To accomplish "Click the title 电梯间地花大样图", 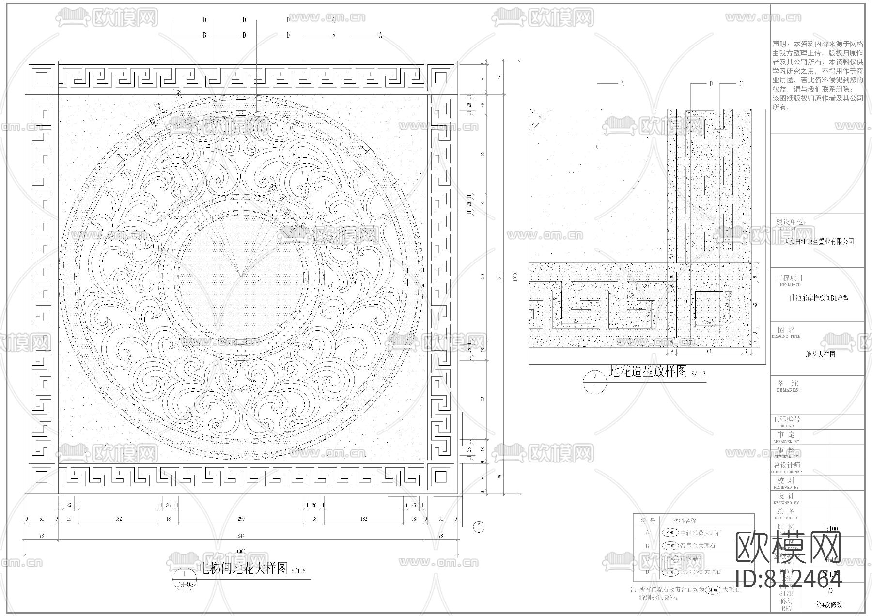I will coord(244,568).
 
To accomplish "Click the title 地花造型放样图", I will coord(647,371).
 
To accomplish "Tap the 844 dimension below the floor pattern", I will coord(241,535).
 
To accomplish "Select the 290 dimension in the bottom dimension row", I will coord(241,519).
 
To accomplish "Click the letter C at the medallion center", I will coord(259,278).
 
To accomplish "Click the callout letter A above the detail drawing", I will coord(623,84).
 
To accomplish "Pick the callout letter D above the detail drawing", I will coord(711,84).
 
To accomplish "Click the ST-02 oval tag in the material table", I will coord(669,546).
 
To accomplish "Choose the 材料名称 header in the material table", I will coord(685,521).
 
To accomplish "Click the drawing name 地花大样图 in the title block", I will coord(820,354).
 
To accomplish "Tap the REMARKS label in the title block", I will coord(788,390).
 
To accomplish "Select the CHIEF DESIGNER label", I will coord(788,472).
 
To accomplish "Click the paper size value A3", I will coord(830,590).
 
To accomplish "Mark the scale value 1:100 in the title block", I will coord(830,529).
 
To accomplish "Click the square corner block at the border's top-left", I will coord(42,78).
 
